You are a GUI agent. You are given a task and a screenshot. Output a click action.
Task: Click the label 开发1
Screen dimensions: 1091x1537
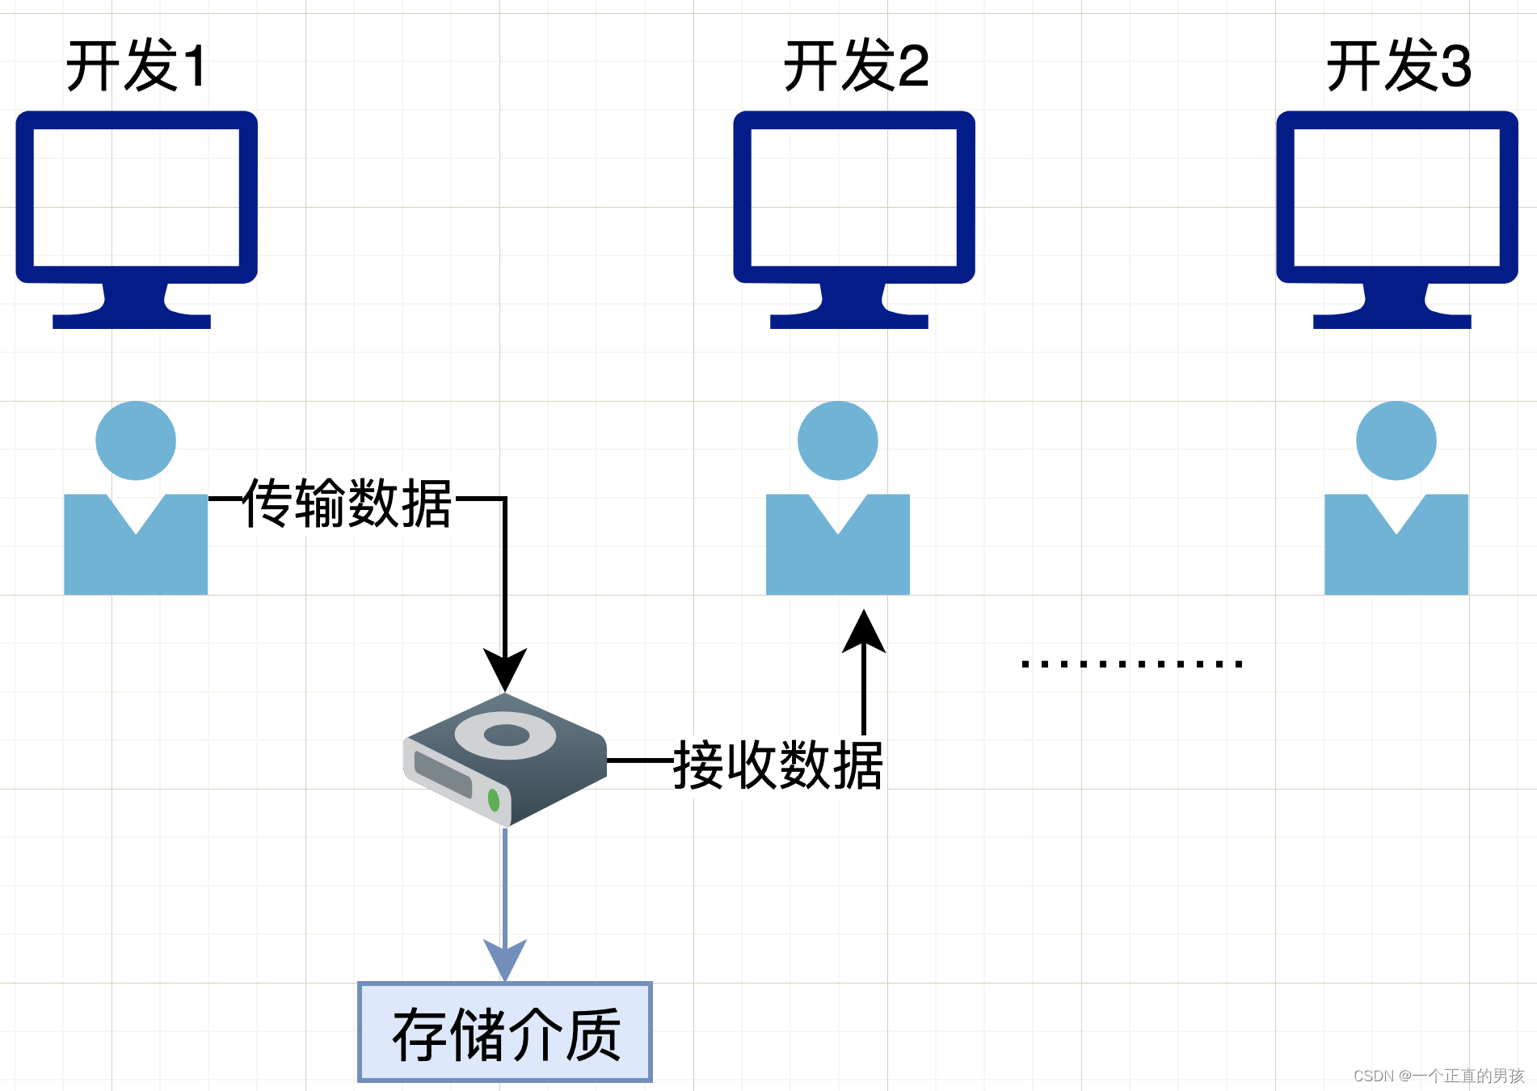pyautogui.click(x=136, y=65)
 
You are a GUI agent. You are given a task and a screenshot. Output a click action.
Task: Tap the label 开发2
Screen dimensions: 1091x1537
pyautogui.click(x=856, y=65)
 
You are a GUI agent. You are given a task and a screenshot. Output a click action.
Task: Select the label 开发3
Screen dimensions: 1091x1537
pyautogui.click(x=1398, y=65)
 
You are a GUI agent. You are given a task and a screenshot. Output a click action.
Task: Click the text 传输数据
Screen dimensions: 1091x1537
pyautogui.click(x=347, y=503)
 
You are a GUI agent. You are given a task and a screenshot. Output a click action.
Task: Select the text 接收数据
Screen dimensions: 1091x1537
pyautogui.click(x=777, y=765)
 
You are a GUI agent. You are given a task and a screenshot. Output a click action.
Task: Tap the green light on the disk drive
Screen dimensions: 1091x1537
pyautogui.click(x=494, y=800)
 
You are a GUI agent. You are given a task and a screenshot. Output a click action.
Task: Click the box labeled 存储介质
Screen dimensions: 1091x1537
pyautogui.click(x=505, y=1032)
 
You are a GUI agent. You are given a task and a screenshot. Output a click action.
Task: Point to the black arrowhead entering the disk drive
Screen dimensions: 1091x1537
pyautogui.click(x=505, y=669)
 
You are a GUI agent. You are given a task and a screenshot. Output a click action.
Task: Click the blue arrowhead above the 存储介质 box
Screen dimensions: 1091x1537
pyautogui.click(x=505, y=958)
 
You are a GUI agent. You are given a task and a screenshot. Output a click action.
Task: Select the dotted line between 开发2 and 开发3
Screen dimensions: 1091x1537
pyautogui.click(x=1131, y=664)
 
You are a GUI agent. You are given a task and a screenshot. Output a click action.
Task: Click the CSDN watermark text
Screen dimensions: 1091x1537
pyautogui.click(x=1438, y=1076)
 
